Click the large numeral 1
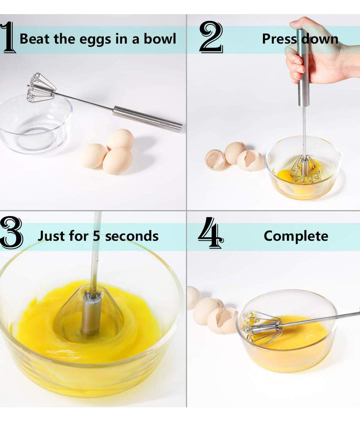coord(8,38)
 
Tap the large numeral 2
coord(211,38)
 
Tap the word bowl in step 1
coord(160,39)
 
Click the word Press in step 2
coord(279,39)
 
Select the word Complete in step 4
coord(296,236)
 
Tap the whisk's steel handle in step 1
coord(147,118)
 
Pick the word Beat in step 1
coord(34,39)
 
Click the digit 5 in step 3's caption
coord(97,236)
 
